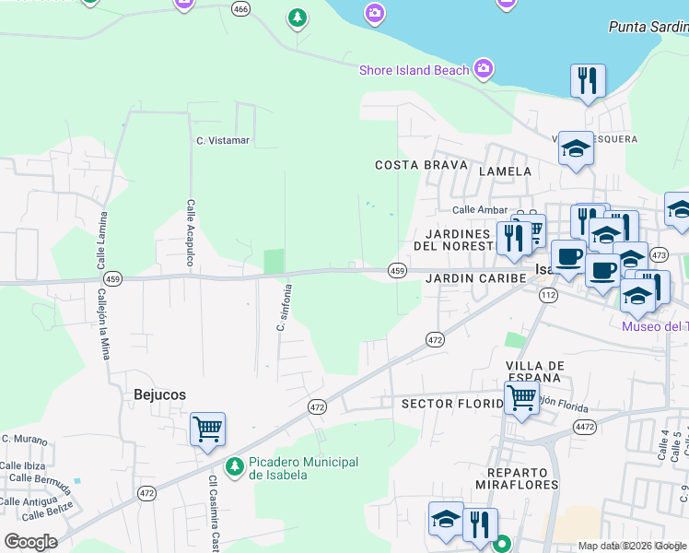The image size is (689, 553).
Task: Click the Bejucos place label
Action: (x=159, y=394)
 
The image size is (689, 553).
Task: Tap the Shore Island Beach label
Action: (x=414, y=70)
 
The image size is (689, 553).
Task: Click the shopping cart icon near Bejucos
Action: (x=207, y=429)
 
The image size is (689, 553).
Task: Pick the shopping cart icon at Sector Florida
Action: (x=521, y=399)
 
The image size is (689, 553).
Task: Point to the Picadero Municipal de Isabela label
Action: (x=303, y=467)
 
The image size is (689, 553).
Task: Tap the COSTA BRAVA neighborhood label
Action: (x=416, y=165)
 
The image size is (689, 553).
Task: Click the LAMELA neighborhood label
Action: (x=506, y=171)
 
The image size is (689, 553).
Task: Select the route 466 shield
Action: (x=241, y=9)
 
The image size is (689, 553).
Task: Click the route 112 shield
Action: (x=549, y=295)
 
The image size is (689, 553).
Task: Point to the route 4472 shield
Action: (x=584, y=426)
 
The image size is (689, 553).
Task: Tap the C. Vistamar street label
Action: (x=223, y=140)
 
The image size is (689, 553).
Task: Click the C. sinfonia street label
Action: (x=285, y=307)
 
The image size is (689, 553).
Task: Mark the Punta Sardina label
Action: (x=648, y=27)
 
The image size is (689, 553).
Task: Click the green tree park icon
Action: (x=297, y=18)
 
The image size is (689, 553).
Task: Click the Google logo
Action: (x=30, y=542)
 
